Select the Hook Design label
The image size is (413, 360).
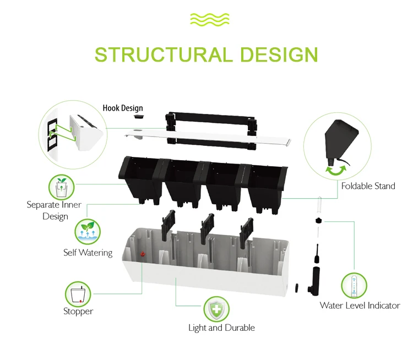click(x=122, y=108)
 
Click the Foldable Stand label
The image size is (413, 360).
click(x=368, y=186)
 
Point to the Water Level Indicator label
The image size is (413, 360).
click(x=360, y=306)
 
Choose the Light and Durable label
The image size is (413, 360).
click(x=221, y=328)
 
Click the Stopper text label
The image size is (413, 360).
click(x=78, y=312)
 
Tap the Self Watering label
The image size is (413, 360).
click(x=88, y=253)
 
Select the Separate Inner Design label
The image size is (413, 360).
click(x=54, y=210)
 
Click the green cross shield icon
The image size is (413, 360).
click(x=217, y=309)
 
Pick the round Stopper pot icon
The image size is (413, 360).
click(x=78, y=293)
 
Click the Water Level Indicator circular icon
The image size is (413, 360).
click(x=354, y=285)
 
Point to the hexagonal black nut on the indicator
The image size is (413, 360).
click(x=318, y=220)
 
